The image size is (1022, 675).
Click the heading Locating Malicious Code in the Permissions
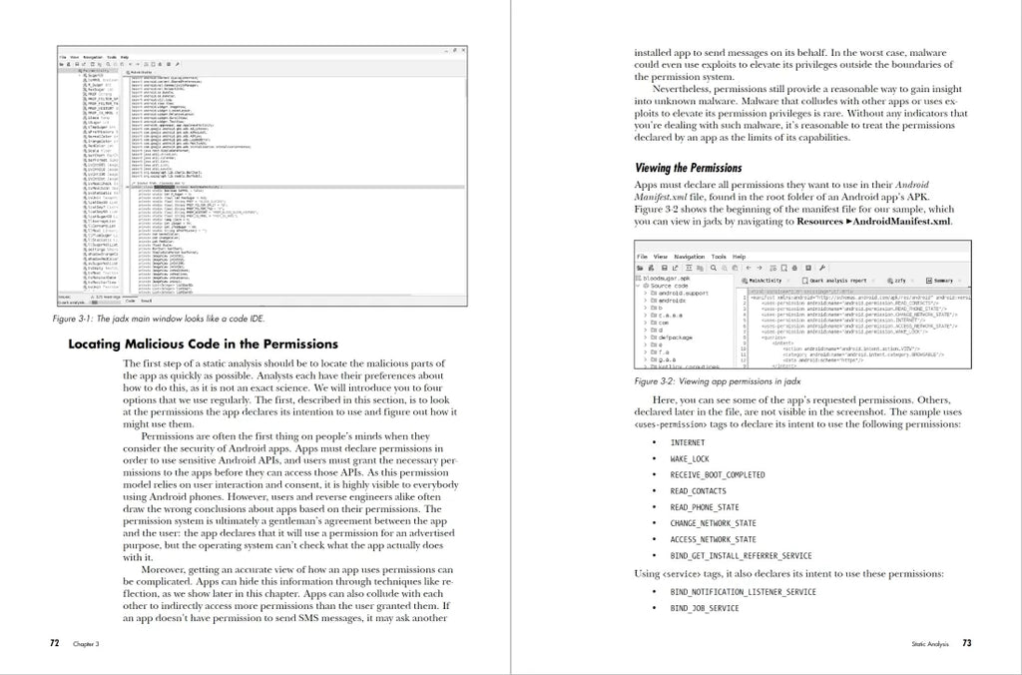pos(203,344)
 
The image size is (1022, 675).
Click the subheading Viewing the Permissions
pos(689,168)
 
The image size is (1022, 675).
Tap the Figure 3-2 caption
pos(703,381)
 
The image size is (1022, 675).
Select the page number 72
pos(56,644)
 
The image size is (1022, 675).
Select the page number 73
pos(966,644)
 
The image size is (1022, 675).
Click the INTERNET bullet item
pos(687,442)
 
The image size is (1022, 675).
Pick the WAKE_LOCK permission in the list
pos(689,458)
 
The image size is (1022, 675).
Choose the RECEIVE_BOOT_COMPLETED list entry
pos(718,474)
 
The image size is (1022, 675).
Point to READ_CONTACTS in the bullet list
pos(699,491)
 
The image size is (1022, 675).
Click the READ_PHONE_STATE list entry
pos(705,507)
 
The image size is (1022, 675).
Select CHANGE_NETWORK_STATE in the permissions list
pos(713,523)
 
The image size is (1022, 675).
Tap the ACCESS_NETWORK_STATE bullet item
pos(713,539)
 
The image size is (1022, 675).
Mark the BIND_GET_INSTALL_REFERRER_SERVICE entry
pos(741,555)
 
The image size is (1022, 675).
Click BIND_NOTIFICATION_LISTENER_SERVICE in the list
pos(744,592)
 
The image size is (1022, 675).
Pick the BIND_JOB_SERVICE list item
pos(705,608)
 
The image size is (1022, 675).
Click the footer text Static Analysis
pos(924,645)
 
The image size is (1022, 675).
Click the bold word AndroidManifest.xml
pos(902,222)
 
